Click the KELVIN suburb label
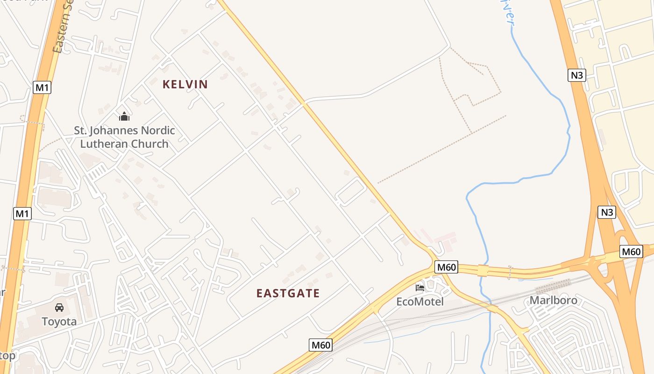[185, 84]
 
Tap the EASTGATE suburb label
[288, 293]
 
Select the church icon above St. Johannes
[124, 116]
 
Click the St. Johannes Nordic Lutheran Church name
[124, 137]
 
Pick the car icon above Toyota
[59, 308]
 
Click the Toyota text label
[59, 322]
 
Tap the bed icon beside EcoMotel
[420, 288]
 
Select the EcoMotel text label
[420, 302]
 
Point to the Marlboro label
[553, 300]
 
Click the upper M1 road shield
[42, 87]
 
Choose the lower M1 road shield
[22, 214]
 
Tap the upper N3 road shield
[577, 75]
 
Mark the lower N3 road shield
[606, 212]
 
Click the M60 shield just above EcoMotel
[446, 267]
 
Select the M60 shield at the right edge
[631, 252]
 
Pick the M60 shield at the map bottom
[320, 345]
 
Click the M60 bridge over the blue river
[483, 270]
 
